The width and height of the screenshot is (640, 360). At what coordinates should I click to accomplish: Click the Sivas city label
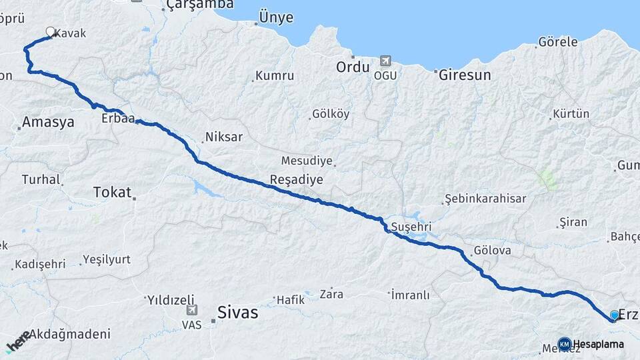(x=237, y=313)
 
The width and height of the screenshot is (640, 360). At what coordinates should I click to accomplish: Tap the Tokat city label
(x=112, y=192)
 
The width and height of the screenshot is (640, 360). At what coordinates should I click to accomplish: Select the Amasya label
(x=47, y=122)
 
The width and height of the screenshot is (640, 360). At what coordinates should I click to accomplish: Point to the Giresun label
(x=465, y=75)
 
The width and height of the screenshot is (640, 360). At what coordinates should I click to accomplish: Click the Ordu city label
(x=352, y=67)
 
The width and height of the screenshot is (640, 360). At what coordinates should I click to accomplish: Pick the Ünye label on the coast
(x=275, y=18)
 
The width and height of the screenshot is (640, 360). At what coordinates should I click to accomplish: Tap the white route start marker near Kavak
(x=51, y=31)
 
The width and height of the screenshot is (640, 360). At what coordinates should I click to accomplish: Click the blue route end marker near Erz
(x=614, y=315)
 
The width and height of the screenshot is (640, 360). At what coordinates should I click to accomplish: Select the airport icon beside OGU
(x=385, y=61)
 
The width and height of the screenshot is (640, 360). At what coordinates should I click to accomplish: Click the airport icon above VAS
(x=192, y=310)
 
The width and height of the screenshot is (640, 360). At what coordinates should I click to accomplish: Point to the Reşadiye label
(x=296, y=179)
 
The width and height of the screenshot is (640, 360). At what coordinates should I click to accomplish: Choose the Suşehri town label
(x=412, y=226)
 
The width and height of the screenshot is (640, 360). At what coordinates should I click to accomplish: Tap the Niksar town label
(x=224, y=137)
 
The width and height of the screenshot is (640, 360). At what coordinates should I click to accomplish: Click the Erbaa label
(x=119, y=119)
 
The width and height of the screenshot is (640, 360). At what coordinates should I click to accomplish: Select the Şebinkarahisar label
(x=485, y=199)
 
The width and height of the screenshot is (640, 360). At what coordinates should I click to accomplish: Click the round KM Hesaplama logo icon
(x=565, y=344)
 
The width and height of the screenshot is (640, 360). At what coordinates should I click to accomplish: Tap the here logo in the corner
(x=17, y=341)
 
